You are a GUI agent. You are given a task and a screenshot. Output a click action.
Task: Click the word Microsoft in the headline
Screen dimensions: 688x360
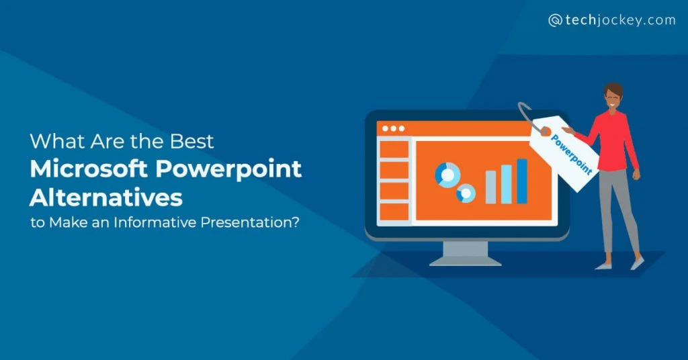pyautogui.click(x=88, y=169)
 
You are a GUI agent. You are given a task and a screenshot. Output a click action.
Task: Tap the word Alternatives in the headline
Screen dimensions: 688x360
pyautogui.click(x=105, y=197)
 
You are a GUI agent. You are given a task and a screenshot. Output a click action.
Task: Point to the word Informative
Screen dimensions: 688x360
pyautogui.click(x=155, y=222)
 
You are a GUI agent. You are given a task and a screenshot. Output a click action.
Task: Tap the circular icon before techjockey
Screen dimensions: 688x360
pyautogui.click(x=555, y=21)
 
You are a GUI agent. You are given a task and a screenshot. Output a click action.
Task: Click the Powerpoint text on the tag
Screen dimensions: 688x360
pyautogui.click(x=571, y=154)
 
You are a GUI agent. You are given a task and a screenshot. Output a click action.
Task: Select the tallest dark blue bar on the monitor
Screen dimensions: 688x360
pyautogui.click(x=521, y=181)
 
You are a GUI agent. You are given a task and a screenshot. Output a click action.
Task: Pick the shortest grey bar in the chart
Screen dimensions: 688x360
pyautogui.click(x=490, y=187)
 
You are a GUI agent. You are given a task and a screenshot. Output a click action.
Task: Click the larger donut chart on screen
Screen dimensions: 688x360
pyautogui.click(x=447, y=175)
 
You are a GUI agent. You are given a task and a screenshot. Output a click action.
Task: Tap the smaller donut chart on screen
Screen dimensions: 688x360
pyautogui.click(x=466, y=193)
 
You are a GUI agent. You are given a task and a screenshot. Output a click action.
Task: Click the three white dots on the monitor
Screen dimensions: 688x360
pyautogui.click(x=393, y=128)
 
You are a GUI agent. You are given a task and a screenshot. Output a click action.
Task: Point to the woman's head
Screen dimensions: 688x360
pyautogui.click(x=613, y=97)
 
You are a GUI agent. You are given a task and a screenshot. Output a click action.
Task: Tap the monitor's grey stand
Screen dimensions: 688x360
pyautogui.click(x=465, y=254)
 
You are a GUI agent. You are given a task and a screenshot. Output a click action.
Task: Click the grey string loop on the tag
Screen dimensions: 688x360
pyautogui.click(x=527, y=117)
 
